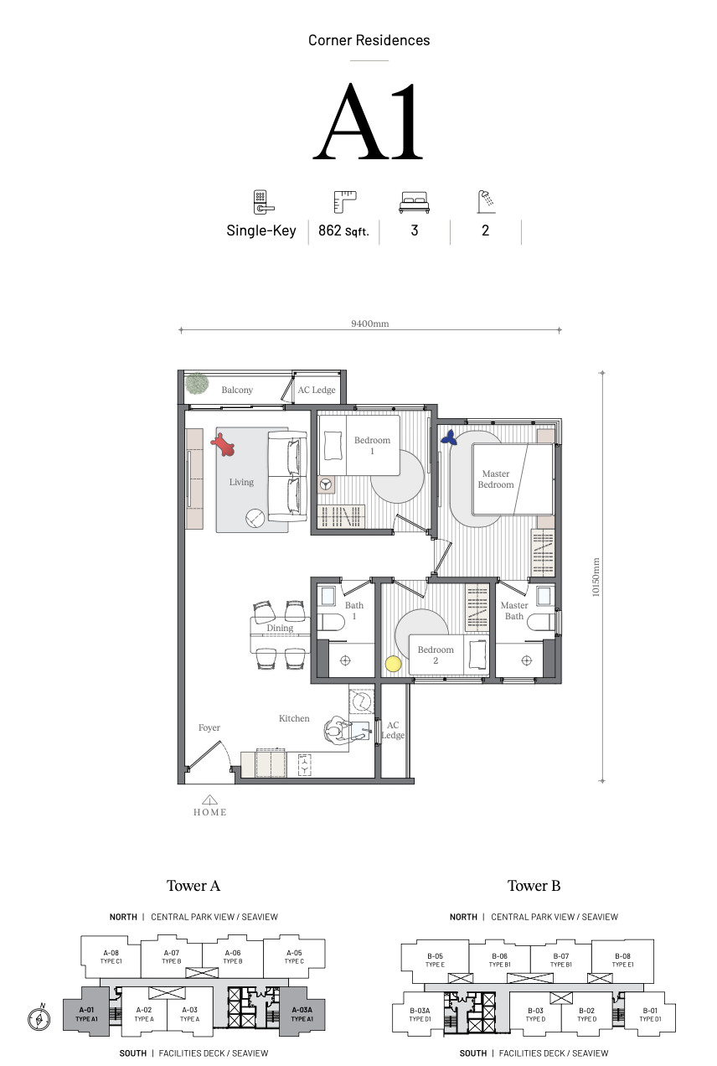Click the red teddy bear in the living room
[x=223, y=444]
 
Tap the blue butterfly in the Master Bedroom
[x=449, y=437]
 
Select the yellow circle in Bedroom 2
[x=393, y=664]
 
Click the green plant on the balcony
[x=197, y=384]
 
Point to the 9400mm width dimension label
[x=369, y=323]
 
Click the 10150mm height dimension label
[x=596, y=577]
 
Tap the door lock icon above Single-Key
[x=263, y=202]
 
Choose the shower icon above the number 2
[x=487, y=202]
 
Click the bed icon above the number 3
[x=414, y=202]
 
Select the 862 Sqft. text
[x=343, y=230]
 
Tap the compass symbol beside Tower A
[x=39, y=1019]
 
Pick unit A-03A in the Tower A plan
[x=302, y=1014]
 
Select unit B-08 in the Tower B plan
[x=623, y=960]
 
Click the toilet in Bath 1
[x=331, y=622]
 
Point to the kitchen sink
[x=360, y=731]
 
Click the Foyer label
[x=209, y=727]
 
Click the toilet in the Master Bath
[x=541, y=623]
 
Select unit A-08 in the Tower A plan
[x=111, y=956]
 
